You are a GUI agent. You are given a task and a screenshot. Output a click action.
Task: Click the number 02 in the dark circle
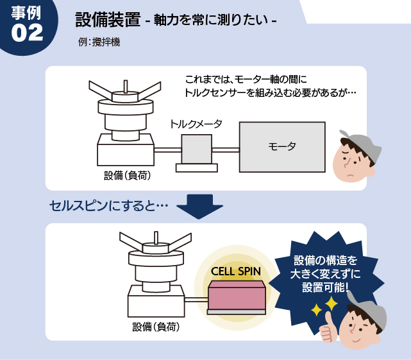coord(27,33)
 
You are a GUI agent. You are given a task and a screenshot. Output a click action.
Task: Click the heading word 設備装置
coord(108,20)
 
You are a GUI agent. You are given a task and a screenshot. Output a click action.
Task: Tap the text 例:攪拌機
coord(99,42)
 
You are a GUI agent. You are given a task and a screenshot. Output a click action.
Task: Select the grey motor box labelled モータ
coord(282,147)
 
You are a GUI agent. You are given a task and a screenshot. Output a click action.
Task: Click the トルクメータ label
coord(196,124)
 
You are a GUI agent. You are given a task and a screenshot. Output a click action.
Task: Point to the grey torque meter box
coord(197,149)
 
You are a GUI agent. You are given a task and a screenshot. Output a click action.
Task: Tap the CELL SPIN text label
coord(236,271)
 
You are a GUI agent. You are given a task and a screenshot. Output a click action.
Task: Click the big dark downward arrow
coord(199,207)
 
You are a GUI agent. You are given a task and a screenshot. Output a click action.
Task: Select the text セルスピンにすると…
coord(108,206)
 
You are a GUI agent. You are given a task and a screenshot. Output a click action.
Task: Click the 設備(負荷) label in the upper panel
coord(128,176)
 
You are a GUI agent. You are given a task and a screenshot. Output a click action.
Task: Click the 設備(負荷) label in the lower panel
coord(156,327)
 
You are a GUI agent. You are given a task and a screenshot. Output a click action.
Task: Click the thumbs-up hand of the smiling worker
coord(328,329)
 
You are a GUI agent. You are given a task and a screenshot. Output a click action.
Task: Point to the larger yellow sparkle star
coord(331,304)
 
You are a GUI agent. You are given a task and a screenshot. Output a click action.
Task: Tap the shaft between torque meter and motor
coord(226,150)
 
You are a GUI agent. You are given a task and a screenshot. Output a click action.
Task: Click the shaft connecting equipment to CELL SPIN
coord(196,300)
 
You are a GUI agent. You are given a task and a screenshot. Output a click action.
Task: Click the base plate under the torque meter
coord(197,168)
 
